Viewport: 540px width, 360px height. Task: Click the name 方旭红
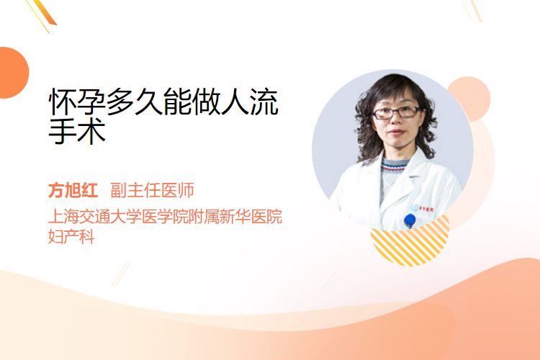(x=73, y=190)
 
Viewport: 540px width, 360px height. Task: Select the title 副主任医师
(x=152, y=190)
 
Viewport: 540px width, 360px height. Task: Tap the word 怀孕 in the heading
(x=77, y=102)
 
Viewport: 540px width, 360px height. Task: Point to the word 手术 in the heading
(x=77, y=131)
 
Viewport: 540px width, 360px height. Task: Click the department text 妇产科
(x=71, y=237)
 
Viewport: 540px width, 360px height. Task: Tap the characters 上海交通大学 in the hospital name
(x=95, y=216)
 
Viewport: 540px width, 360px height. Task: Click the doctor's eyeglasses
(x=397, y=112)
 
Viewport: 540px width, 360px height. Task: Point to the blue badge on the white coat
(x=410, y=220)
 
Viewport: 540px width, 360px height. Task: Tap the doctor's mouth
(x=397, y=132)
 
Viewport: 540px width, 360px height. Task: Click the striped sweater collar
(x=395, y=166)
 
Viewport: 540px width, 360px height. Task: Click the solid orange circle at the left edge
(x=13, y=73)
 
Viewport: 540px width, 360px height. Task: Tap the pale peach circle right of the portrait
(x=470, y=98)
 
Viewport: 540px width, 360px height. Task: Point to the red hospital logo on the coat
(x=426, y=209)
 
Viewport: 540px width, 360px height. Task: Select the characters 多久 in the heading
(x=135, y=102)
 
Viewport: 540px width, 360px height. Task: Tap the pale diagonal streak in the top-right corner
(x=472, y=10)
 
